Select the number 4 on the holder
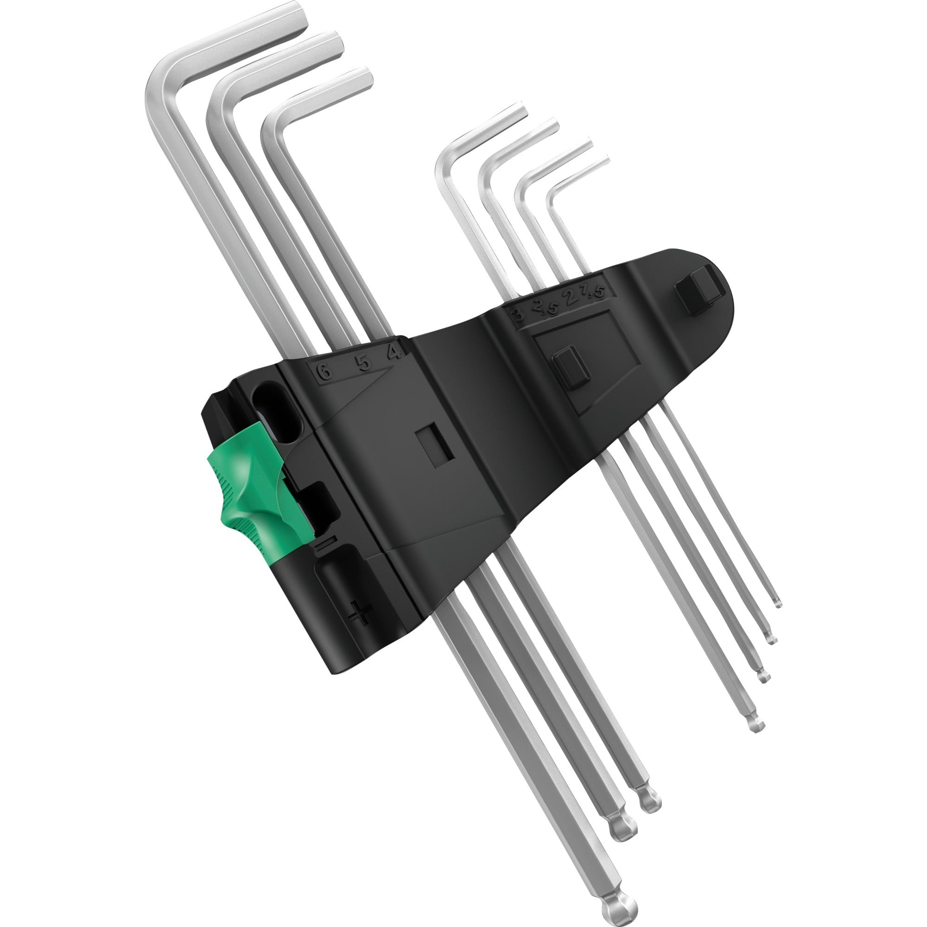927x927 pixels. click(x=394, y=353)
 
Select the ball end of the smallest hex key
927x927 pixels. click(x=778, y=603)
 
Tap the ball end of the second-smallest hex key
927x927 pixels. click(x=771, y=641)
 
